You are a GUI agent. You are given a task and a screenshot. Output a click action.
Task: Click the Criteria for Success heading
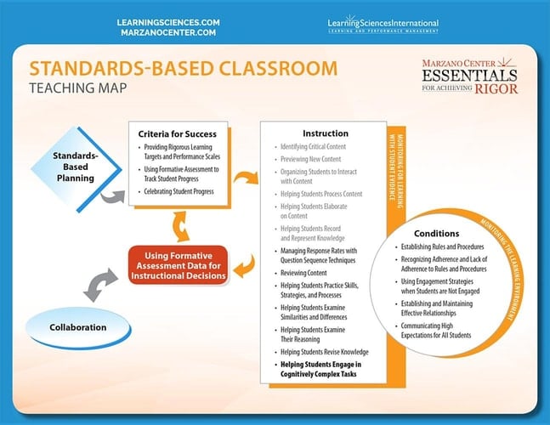[179, 133]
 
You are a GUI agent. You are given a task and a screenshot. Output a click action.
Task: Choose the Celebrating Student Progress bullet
[182, 191]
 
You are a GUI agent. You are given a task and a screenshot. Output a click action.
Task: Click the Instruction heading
[326, 133]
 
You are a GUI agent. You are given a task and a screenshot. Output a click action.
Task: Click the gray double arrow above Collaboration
[102, 283]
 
